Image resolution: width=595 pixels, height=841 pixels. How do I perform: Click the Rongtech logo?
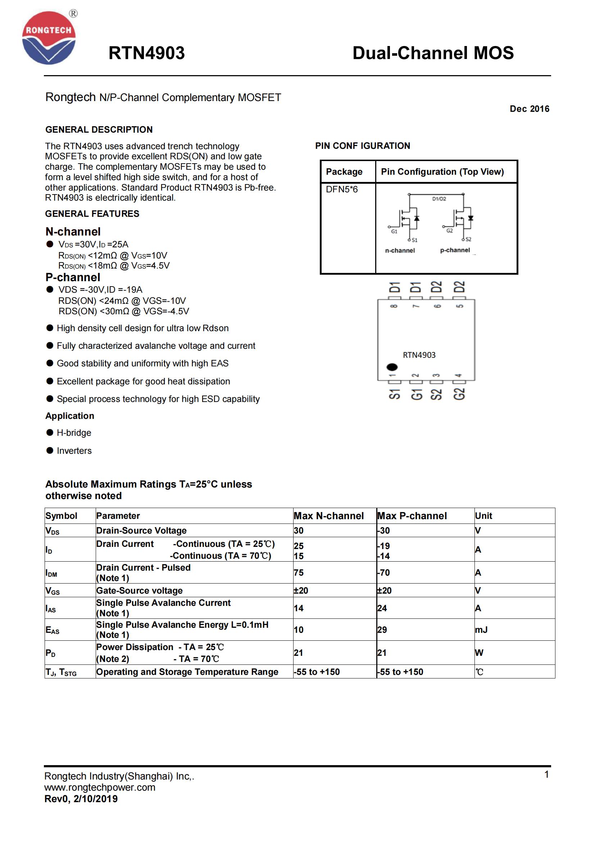coord(49,38)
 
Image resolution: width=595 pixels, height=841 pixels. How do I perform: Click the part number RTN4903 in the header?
coord(146,53)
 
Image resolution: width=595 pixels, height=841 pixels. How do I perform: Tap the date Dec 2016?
coord(529,109)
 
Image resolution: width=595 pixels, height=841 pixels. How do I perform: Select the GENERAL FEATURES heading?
coord(92,214)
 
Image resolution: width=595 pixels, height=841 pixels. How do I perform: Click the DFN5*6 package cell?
coord(341,189)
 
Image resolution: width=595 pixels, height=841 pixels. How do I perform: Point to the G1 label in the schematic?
coord(394,232)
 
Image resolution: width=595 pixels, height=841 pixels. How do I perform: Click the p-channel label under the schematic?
coord(455,250)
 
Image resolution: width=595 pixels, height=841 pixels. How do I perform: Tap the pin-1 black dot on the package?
coord(392,367)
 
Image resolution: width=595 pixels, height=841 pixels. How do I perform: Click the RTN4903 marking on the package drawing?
coord(419,355)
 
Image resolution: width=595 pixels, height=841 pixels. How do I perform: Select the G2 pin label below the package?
coord(459,394)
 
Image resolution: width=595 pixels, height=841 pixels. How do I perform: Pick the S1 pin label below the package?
coord(394,394)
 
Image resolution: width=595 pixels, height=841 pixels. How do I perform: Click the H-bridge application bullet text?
coord(74,433)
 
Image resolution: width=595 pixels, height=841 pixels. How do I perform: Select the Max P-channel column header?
coord(412,516)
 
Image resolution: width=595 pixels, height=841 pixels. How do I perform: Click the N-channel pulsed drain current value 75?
coord(299,572)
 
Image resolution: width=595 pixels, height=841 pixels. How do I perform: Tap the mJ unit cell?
coord(481,630)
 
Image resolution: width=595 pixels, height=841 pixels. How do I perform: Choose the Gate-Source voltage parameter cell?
coord(139,590)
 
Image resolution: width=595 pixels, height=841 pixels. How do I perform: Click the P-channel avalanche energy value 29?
coord(382,630)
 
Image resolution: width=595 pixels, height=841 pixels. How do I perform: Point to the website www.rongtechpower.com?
coord(100,787)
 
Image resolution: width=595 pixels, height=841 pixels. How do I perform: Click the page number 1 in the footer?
coord(546,774)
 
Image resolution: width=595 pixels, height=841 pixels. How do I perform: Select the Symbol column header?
coord(61,516)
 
